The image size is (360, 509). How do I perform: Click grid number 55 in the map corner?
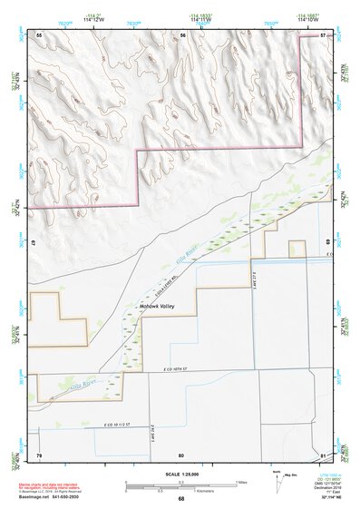(39, 34)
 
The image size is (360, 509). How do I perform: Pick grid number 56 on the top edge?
(182, 34)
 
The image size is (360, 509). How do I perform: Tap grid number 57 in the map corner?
(324, 34)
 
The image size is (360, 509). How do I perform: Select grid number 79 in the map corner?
(39, 454)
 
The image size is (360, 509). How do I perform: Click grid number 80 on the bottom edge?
(181, 454)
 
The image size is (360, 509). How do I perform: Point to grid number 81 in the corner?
(324, 454)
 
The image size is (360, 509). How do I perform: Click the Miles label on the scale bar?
(240, 481)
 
